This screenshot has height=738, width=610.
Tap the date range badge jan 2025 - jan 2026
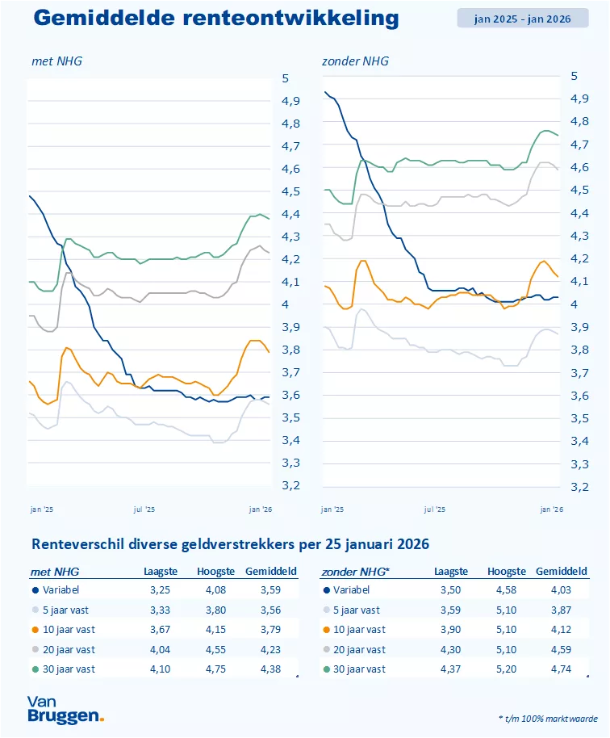pos(522,19)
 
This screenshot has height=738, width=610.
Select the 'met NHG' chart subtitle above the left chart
pos(56,61)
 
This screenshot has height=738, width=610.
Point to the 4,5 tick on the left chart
pos(290,191)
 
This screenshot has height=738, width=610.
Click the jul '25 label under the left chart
pos(144,509)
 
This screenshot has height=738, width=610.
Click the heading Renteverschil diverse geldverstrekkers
pos(230,544)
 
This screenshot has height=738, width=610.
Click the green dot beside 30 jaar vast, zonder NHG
pos(326,669)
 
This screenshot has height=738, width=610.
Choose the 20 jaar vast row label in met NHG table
pos(69,649)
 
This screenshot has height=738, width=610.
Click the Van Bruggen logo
pos(65,709)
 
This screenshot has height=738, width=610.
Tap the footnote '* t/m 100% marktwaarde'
pos(547,717)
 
